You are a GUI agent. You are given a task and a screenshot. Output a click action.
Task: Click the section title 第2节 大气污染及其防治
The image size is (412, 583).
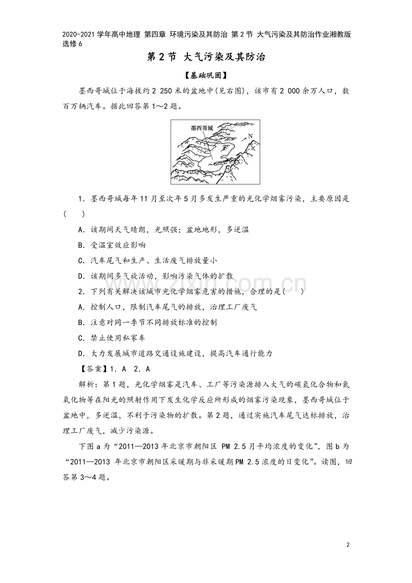206,57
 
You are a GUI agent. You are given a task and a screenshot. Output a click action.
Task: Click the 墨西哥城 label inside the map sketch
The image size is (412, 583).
202,128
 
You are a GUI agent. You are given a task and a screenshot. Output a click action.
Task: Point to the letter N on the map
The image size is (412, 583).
250,136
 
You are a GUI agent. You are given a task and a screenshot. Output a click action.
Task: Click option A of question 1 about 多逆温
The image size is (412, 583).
163,230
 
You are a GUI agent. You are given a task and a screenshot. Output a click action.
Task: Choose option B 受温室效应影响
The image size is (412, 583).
112,245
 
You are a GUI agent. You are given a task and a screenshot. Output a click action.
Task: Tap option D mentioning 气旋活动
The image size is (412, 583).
155,276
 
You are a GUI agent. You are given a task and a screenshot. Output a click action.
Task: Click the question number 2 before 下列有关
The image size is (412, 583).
81,292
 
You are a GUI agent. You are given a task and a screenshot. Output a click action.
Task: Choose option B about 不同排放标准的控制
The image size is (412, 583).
147,322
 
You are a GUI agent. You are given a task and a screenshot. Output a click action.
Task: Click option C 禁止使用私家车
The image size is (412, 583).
112,338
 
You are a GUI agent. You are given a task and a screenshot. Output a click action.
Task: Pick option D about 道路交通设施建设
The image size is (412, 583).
175,353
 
